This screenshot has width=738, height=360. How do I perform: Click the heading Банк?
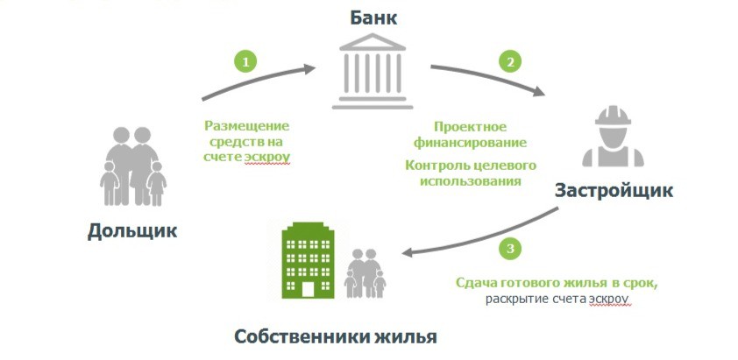click(373, 18)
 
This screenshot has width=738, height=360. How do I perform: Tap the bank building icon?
click(373, 71)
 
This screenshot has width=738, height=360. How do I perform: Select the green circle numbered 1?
click(245, 61)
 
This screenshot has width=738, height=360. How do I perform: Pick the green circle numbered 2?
click(510, 61)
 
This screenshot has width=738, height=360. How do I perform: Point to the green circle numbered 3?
click(510, 249)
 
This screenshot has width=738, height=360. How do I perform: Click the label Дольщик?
click(132, 231)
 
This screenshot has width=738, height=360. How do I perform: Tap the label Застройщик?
click(614, 191)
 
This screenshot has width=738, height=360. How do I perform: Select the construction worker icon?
click(613, 136)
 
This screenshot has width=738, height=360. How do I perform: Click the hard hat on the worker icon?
click(613, 116)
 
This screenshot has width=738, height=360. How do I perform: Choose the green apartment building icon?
click(308, 260)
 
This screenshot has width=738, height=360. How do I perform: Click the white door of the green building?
click(308, 289)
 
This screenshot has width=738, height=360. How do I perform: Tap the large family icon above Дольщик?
click(132, 166)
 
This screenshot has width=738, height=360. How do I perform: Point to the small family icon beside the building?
click(365, 273)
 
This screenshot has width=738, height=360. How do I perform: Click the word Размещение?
click(246, 126)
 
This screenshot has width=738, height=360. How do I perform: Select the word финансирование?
click(470, 143)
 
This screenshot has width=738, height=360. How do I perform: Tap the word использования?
click(470, 181)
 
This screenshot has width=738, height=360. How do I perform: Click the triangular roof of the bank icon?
click(373, 42)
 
